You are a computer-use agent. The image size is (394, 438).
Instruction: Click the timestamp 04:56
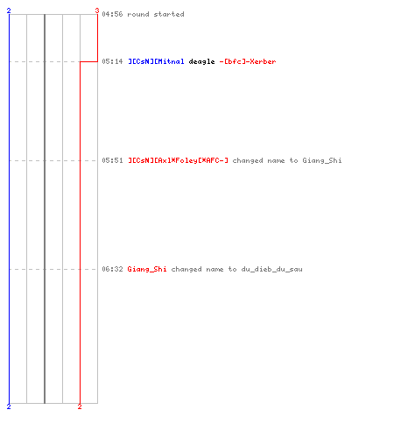[112, 14]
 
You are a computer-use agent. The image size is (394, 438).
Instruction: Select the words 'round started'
[156, 14]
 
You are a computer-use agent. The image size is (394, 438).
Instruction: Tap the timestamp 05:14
[112, 61]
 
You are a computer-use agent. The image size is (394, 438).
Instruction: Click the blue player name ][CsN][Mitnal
[156, 61]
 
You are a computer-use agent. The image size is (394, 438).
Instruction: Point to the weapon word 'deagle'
[201, 62]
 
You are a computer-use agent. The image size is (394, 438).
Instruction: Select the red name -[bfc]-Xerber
[248, 61]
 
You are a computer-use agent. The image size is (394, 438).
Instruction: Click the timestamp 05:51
[112, 160]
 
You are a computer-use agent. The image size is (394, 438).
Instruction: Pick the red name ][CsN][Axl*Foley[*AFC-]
[178, 160]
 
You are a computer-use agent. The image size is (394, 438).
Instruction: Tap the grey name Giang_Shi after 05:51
[322, 161]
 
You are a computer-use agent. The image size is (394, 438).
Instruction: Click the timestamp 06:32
[112, 269]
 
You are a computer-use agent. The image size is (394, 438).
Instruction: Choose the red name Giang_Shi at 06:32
[147, 269]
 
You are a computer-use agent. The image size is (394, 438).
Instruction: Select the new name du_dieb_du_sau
[271, 269]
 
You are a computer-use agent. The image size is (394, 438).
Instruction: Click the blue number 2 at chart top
[9, 11]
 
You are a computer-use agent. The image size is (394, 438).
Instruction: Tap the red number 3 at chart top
[97, 11]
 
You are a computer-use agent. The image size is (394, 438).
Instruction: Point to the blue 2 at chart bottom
[9, 406]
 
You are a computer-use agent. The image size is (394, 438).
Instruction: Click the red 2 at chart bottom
[80, 406]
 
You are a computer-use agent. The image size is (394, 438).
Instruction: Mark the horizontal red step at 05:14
[88, 61]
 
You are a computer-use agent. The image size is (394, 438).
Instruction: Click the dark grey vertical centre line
[45, 208]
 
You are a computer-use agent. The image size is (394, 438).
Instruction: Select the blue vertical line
[9, 208]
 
